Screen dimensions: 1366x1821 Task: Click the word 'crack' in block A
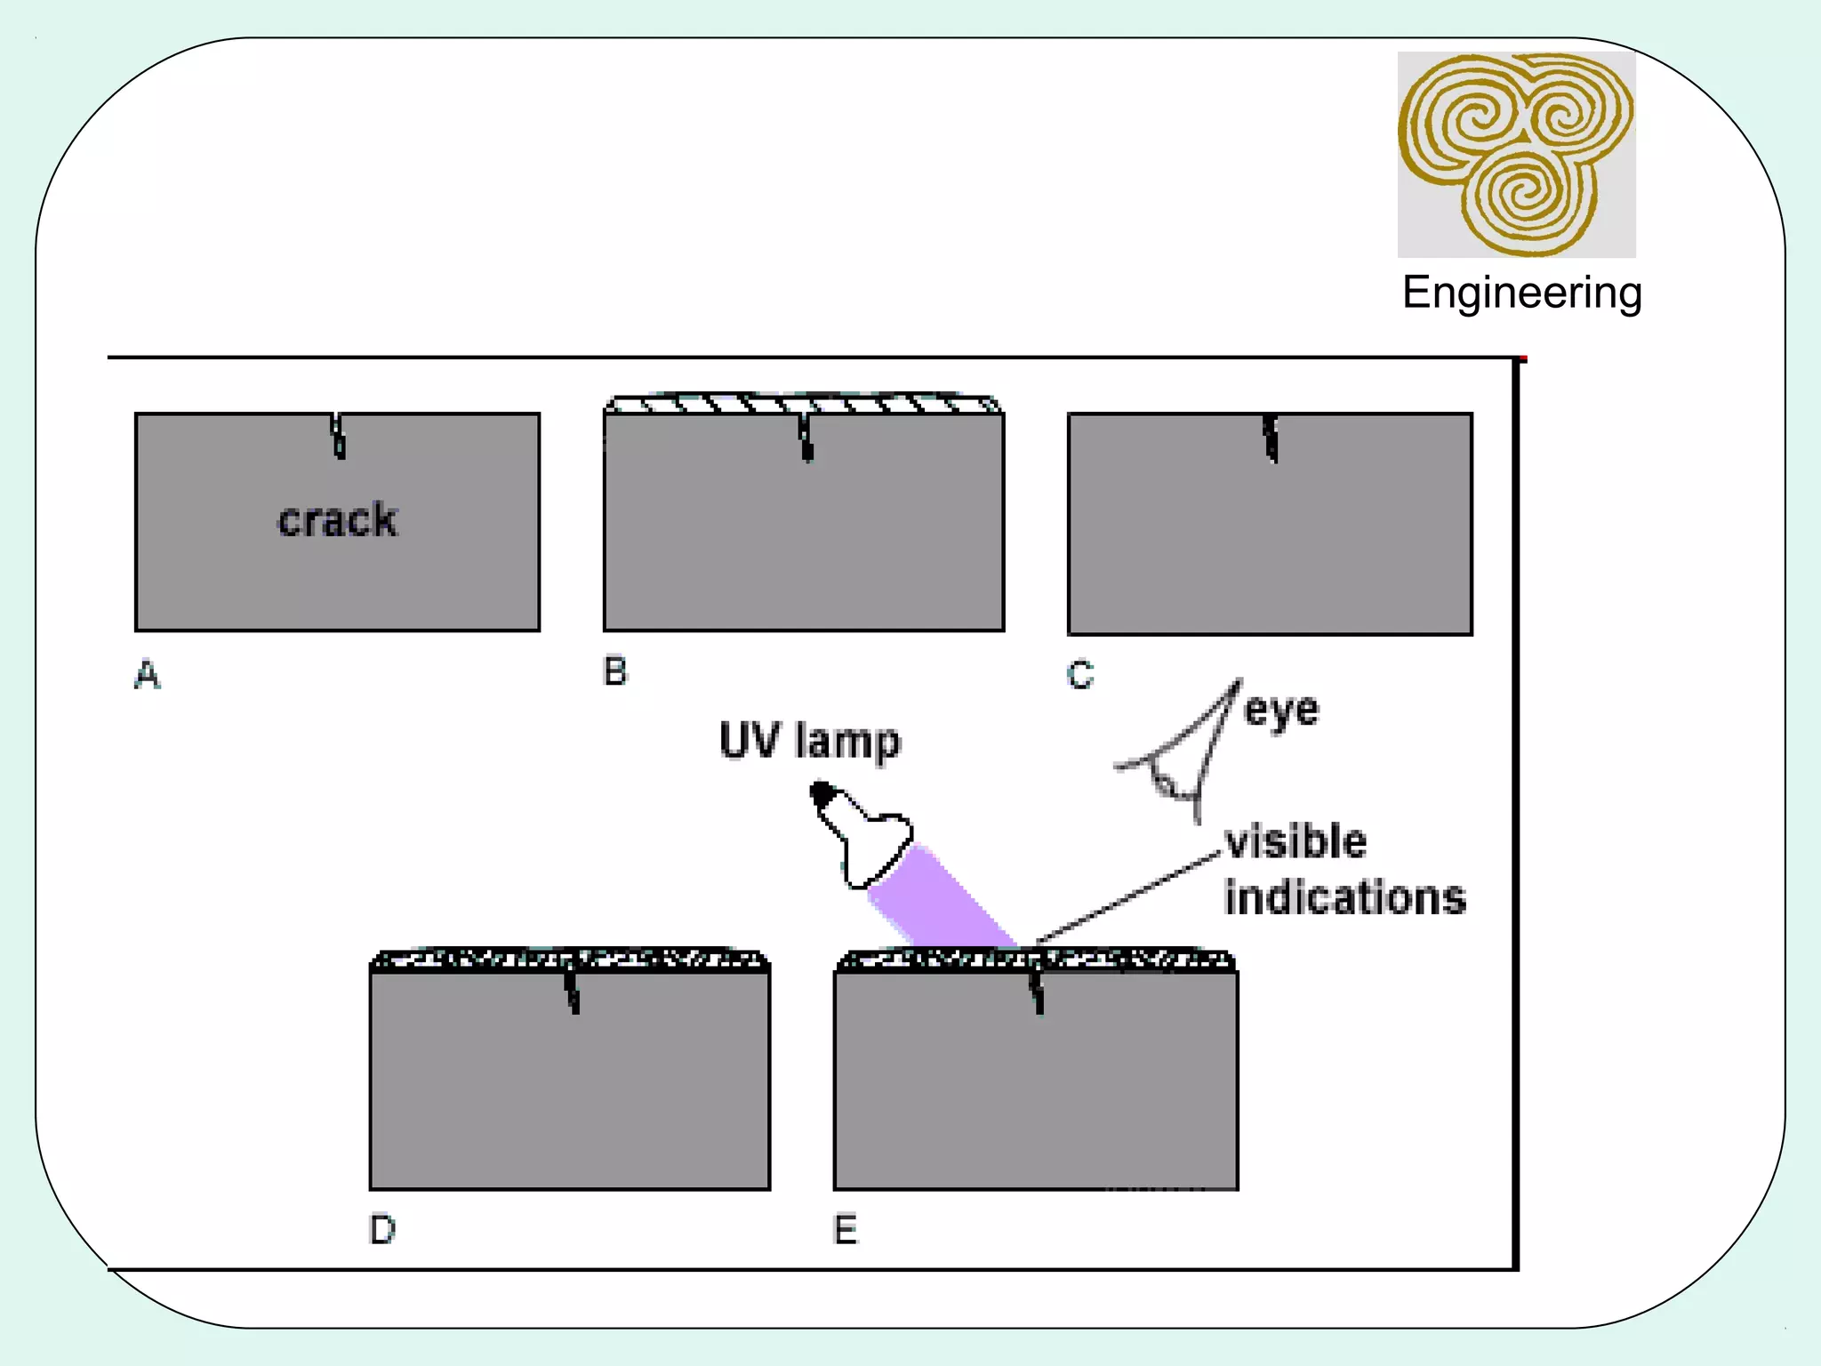tap(337, 520)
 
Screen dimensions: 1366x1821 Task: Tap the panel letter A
tap(148, 675)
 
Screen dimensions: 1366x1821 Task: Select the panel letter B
tap(614, 671)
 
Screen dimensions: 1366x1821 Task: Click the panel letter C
tap(1079, 675)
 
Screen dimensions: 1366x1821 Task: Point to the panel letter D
tap(382, 1229)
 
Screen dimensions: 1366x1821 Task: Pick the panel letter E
tap(845, 1229)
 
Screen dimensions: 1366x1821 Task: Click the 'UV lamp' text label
tap(809, 741)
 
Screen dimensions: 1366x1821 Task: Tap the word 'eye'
tap(1281, 711)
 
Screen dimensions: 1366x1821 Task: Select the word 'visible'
tap(1296, 841)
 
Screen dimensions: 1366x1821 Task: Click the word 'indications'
tap(1344, 896)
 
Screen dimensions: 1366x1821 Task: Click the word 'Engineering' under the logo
tap(1521, 292)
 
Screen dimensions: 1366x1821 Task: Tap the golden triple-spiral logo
tap(1516, 154)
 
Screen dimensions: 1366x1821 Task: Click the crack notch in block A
tap(338, 435)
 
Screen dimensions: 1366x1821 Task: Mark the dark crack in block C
tap(1271, 438)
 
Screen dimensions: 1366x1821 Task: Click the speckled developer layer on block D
tap(569, 960)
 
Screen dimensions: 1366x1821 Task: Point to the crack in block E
tap(1037, 992)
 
